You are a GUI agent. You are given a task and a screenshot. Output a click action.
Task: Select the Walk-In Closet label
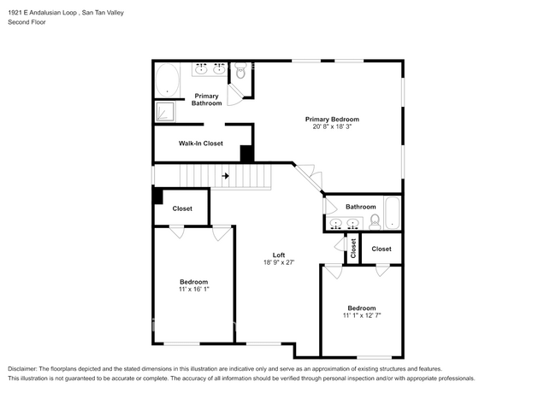point(200,144)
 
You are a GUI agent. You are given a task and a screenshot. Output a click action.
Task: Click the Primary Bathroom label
point(206,99)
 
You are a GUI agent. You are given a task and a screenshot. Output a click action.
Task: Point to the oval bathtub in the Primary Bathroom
point(168,82)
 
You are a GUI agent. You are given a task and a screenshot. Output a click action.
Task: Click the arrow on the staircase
point(225,176)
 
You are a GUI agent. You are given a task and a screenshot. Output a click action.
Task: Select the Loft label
point(279,255)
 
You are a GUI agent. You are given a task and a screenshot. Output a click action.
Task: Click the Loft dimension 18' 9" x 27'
point(279,263)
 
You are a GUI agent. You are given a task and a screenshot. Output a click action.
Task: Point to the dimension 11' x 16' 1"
point(193,289)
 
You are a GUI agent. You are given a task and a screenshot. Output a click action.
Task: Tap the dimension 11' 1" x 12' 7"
point(361,315)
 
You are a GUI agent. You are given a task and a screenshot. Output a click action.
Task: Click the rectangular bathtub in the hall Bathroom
point(392,213)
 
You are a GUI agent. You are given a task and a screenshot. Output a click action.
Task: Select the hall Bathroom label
point(360,207)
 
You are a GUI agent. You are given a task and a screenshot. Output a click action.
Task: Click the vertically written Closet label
point(352,249)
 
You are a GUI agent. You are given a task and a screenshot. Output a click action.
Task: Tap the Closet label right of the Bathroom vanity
point(381,249)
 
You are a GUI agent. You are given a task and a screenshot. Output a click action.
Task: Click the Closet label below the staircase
point(182,208)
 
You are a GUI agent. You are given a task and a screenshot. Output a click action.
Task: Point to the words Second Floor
point(27,22)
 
